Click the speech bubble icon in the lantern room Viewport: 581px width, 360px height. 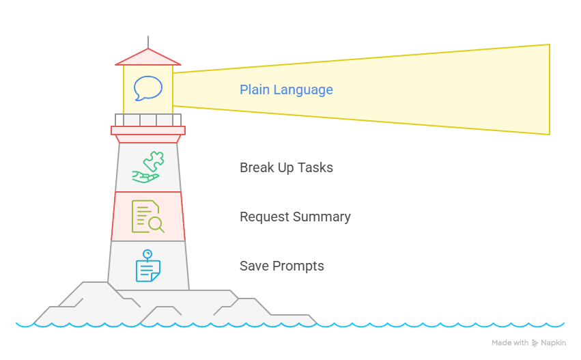coord(148,88)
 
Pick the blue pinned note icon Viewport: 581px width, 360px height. coord(147,266)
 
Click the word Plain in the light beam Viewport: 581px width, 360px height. coord(254,89)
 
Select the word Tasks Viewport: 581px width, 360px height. coord(316,167)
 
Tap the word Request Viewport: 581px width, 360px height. coord(265,217)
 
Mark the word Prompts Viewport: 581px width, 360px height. coord(298,266)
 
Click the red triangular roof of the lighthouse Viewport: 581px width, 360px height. coord(148,57)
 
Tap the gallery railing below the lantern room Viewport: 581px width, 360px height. coord(148,120)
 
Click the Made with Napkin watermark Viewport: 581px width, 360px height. coord(528,342)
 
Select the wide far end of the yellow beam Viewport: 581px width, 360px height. coord(539,89)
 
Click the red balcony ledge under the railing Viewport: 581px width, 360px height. coord(148,130)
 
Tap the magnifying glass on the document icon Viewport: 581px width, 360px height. coord(156,223)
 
